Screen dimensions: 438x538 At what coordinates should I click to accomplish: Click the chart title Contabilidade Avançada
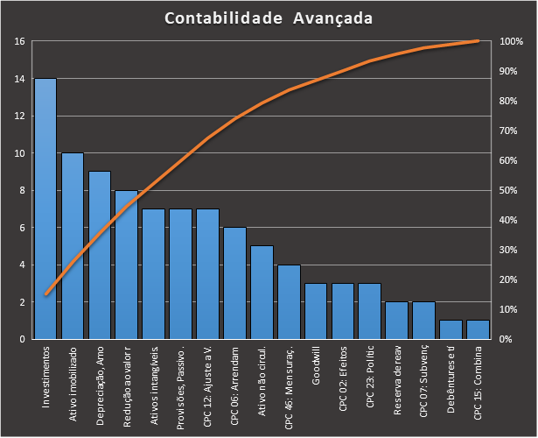coord(269,18)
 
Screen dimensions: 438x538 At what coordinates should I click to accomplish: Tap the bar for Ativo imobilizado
coord(73,246)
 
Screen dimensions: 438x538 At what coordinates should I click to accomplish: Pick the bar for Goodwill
coord(316,311)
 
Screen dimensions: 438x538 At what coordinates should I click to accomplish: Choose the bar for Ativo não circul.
coord(262,293)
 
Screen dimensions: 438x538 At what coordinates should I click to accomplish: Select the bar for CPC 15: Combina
coord(478,329)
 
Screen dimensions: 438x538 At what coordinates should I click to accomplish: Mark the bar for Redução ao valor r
coord(127,265)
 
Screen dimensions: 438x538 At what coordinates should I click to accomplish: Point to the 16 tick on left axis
coord(19,41)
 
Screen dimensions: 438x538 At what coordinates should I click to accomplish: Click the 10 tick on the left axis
coord(19,153)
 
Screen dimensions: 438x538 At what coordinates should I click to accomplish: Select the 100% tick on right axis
coord(512,41)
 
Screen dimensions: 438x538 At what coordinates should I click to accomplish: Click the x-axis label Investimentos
coord(45,377)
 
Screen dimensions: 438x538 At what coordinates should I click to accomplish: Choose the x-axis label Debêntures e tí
coord(451,379)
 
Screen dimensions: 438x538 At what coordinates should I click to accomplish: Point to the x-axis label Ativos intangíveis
coord(154,382)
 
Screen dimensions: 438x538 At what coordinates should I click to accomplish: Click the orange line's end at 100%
coord(478,40)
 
